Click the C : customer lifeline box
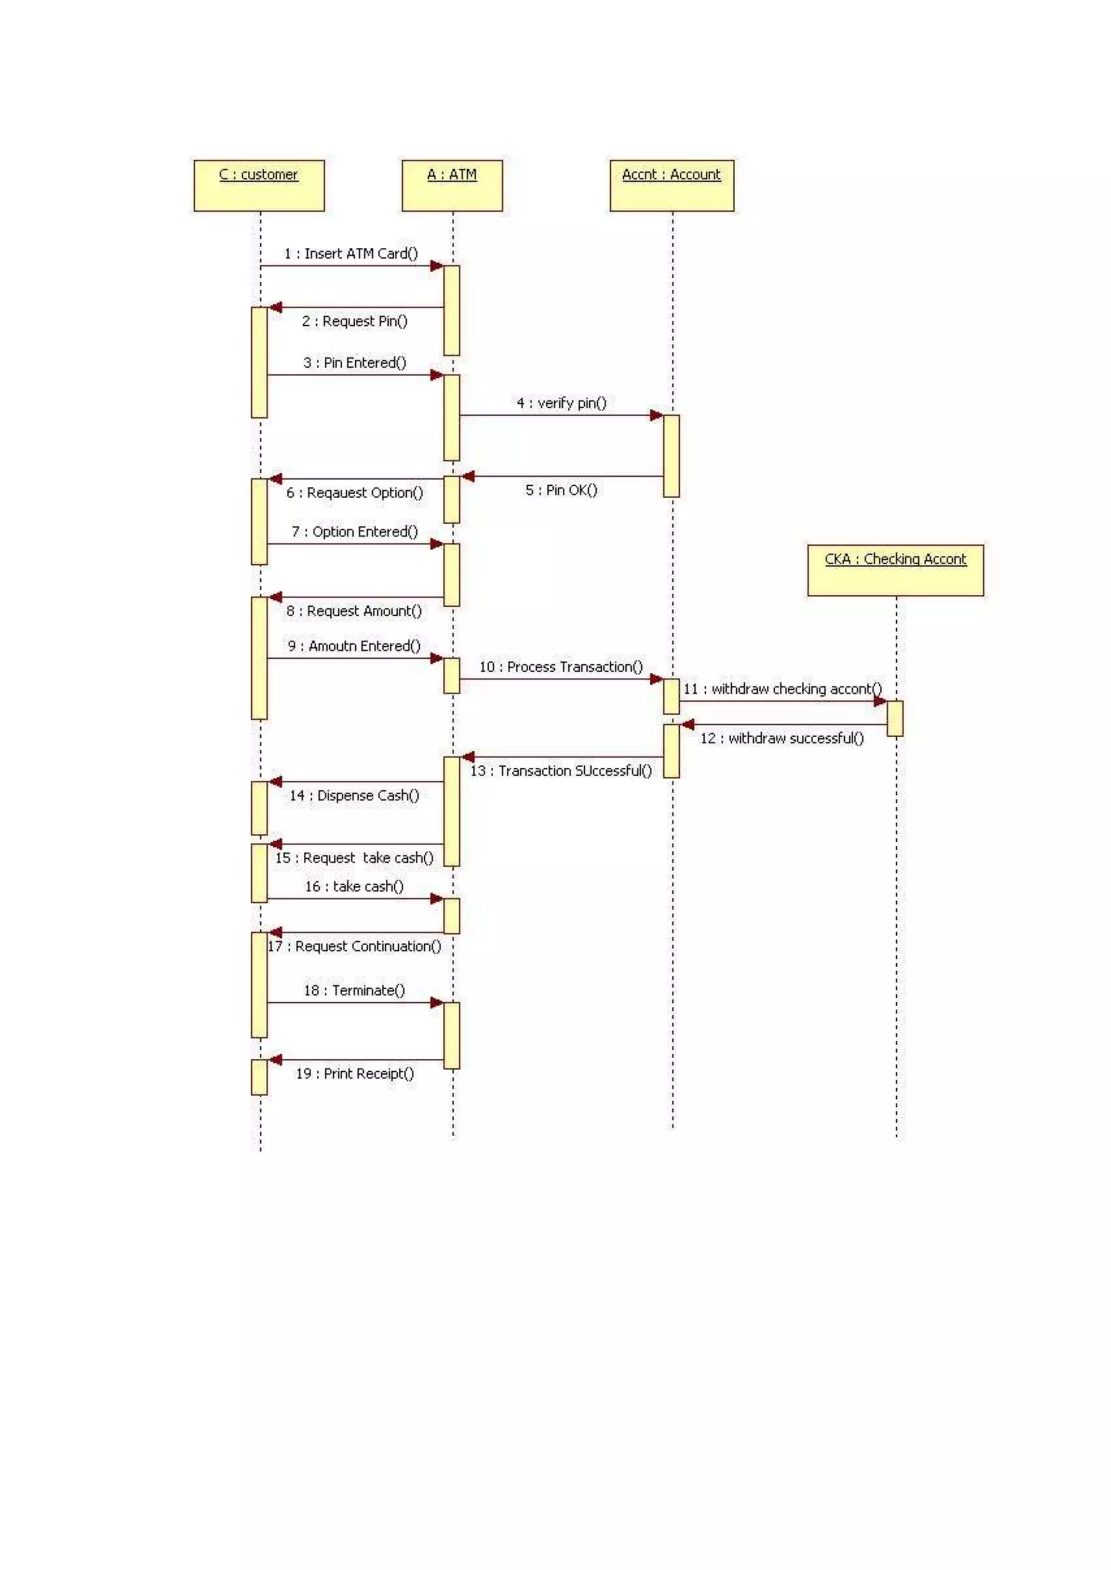259,185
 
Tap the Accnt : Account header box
671,185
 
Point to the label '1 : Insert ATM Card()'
351,254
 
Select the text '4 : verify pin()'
561,403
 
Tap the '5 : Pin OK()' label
561,490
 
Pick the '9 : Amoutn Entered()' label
354,646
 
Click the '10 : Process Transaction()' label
560,667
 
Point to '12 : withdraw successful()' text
781,738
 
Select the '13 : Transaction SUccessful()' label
560,771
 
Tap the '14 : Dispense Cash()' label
354,796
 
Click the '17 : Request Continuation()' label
354,947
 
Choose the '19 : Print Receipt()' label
354,1073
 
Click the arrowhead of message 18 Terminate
437,1002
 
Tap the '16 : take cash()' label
354,887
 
